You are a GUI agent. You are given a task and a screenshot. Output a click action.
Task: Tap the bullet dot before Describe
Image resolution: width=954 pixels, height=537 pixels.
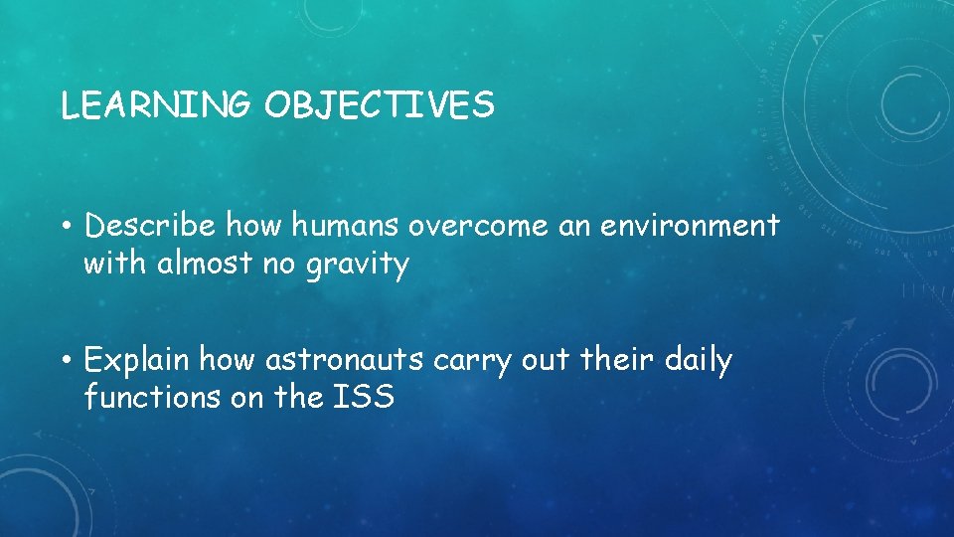click(67, 228)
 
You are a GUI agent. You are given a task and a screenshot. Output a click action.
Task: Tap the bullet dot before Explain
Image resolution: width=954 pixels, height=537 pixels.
click(67, 360)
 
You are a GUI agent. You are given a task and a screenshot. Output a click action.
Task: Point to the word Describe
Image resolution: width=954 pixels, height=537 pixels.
click(150, 227)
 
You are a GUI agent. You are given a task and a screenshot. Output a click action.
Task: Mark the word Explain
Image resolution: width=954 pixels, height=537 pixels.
click(138, 360)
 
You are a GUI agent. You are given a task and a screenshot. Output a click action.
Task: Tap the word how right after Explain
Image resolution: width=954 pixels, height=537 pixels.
click(226, 359)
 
